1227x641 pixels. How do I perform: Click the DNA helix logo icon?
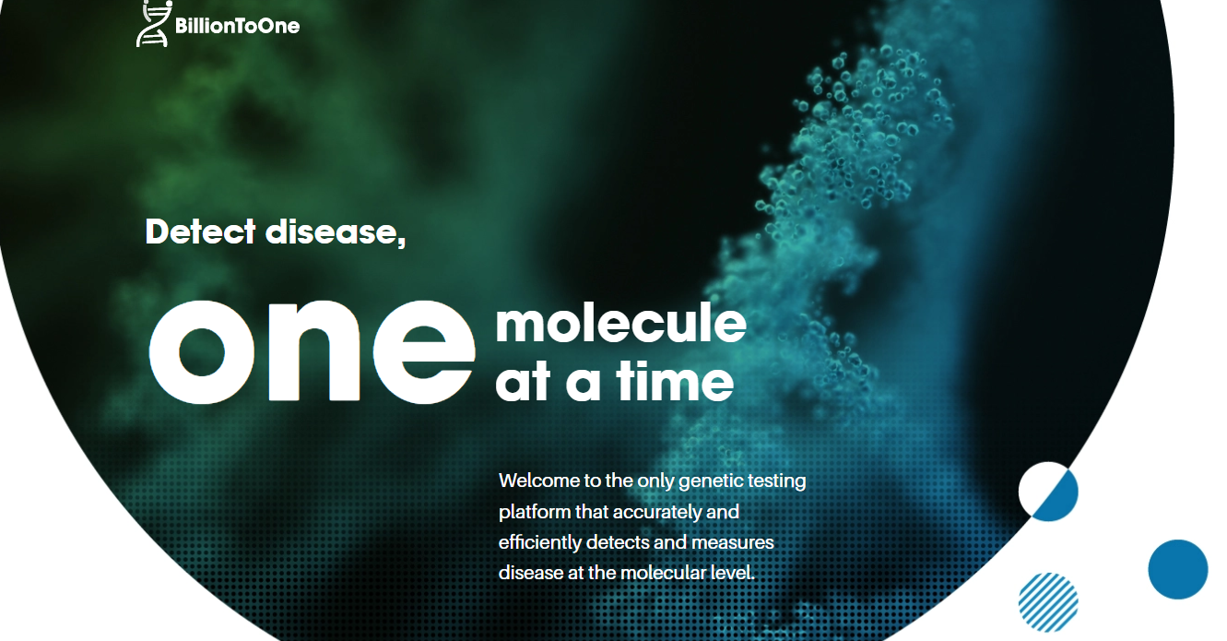click(154, 24)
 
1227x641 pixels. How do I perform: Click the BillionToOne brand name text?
click(237, 26)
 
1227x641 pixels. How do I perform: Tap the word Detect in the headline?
click(200, 231)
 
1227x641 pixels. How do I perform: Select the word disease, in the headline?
click(336, 232)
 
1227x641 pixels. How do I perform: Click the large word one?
click(312, 351)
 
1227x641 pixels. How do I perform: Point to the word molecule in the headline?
click(621, 324)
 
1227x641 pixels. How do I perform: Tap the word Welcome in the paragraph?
click(539, 481)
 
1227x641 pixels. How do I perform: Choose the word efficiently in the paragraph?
click(539, 542)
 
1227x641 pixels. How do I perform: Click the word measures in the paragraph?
click(732, 543)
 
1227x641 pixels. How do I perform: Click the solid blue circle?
click(1178, 569)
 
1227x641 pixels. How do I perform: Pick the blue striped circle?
click(1048, 602)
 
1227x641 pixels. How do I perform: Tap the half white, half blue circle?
click(1048, 492)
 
